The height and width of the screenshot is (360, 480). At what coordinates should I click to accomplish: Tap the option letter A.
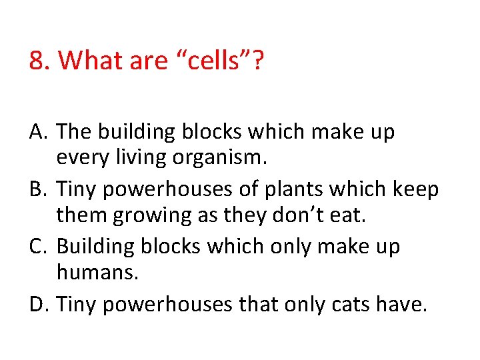[37, 133]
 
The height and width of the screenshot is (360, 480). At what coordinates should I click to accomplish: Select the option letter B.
[37, 190]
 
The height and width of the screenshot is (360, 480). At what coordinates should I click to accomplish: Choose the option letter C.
[37, 247]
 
